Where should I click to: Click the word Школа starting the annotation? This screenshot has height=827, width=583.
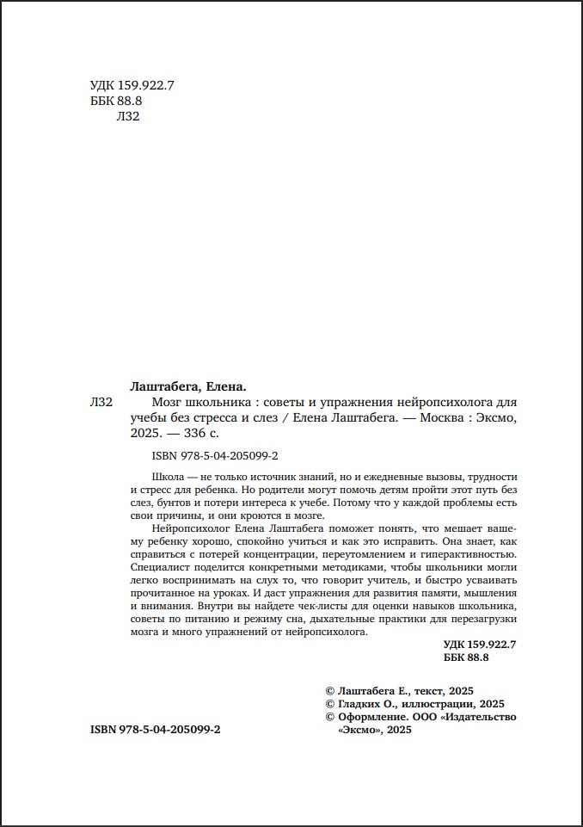tap(167, 476)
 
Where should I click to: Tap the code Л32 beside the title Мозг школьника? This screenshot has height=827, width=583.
tap(101, 403)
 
